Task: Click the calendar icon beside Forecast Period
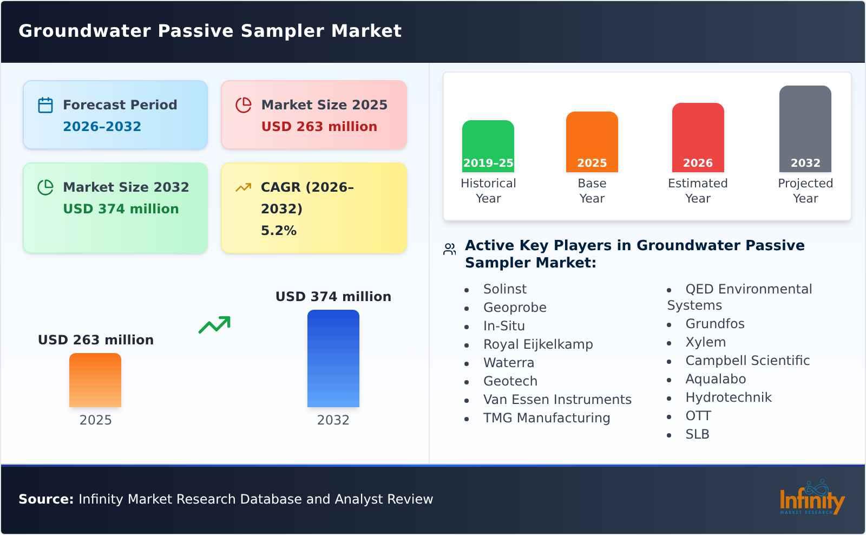pos(45,105)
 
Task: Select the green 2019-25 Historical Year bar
pos(488,146)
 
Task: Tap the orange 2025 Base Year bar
pos(592,142)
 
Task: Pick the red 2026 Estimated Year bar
pos(698,138)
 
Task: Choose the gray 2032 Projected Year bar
pos(805,129)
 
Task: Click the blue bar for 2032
pos(333,358)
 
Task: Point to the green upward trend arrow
pos(214,325)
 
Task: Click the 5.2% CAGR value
pos(278,231)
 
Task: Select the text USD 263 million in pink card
pos(319,127)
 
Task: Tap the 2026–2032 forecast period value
pos(102,127)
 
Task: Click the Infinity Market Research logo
pos(811,498)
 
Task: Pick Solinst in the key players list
pos(504,289)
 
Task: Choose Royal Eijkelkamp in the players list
pos(537,344)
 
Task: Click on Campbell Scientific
pos(747,361)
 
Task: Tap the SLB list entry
pos(697,434)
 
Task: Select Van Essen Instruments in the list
pos(557,400)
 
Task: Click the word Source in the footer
pos(45,499)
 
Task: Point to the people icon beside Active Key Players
pos(449,249)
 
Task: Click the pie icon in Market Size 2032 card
pos(45,187)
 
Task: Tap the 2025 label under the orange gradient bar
pos(95,420)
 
